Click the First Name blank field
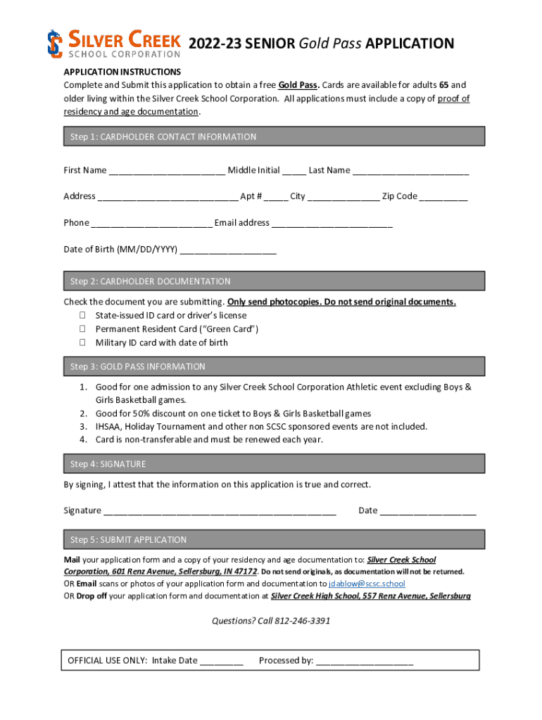(x=167, y=171)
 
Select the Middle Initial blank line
(x=294, y=171)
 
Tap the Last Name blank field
(x=410, y=171)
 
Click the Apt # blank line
(x=276, y=197)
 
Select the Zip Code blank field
(x=443, y=197)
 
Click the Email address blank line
(x=332, y=224)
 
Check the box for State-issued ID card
(x=82, y=316)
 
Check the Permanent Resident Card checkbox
(x=82, y=329)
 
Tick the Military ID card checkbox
(x=82, y=342)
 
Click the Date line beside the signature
(x=428, y=511)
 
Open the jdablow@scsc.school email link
(x=367, y=584)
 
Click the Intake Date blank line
(x=222, y=661)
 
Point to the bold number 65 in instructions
(x=444, y=85)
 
